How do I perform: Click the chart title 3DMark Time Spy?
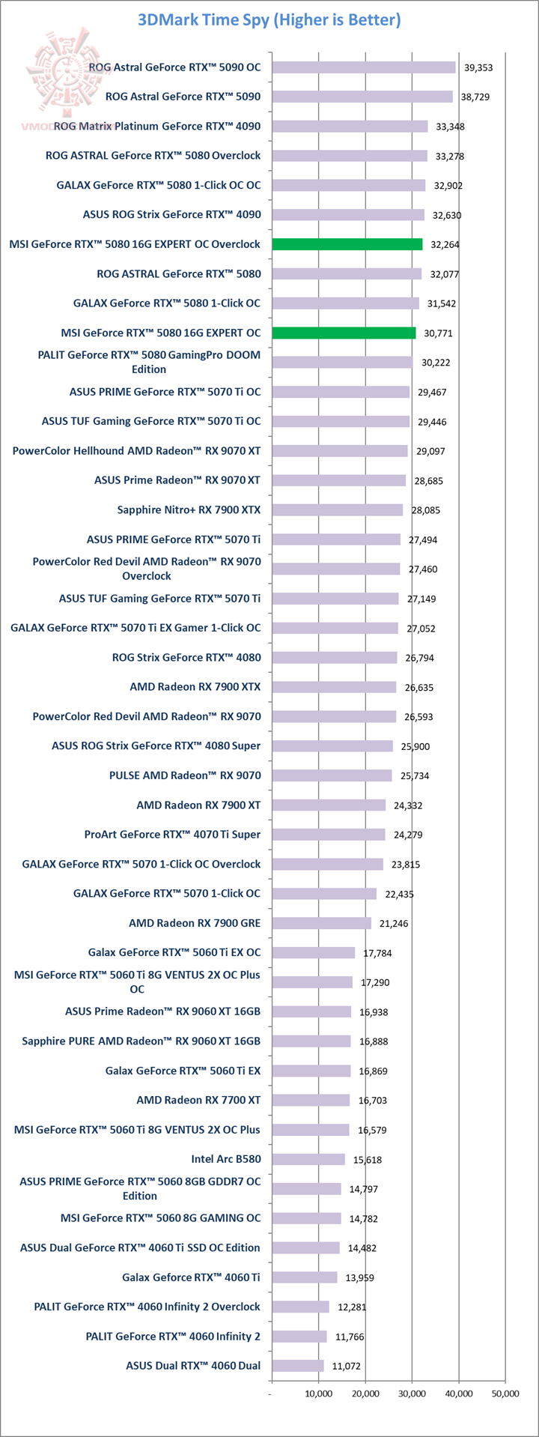(x=269, y=20)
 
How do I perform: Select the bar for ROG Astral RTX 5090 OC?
(x=364, y=67)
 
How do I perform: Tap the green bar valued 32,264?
(x=347, y=244)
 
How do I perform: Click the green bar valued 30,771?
(x=344, y=333)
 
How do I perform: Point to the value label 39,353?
(x=478, y=67)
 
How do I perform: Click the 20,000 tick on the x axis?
(x=365, y=1394)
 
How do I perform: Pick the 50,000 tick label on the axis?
(x=505, y=1394)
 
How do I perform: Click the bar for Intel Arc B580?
(x=308, y=1159)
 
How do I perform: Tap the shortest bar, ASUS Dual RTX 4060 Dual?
(x=298, y=1366)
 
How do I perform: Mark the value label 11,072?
(x=346, y=1366)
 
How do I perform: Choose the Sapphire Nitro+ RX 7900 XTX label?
(x=189, y=510)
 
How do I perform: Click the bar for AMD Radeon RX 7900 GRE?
(x=322, y=923)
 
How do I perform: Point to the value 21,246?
(x=394, y=923)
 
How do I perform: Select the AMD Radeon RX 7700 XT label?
(x=198, y=1100)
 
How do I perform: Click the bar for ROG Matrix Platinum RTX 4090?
(x=350, y=127)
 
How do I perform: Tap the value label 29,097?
(x=432, y=451)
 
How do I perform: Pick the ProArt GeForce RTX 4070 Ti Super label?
(x=172, y=835)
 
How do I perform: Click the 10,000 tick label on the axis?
(x=319, y=1394)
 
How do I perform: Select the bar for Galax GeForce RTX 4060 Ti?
(x=305, y=1277)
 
